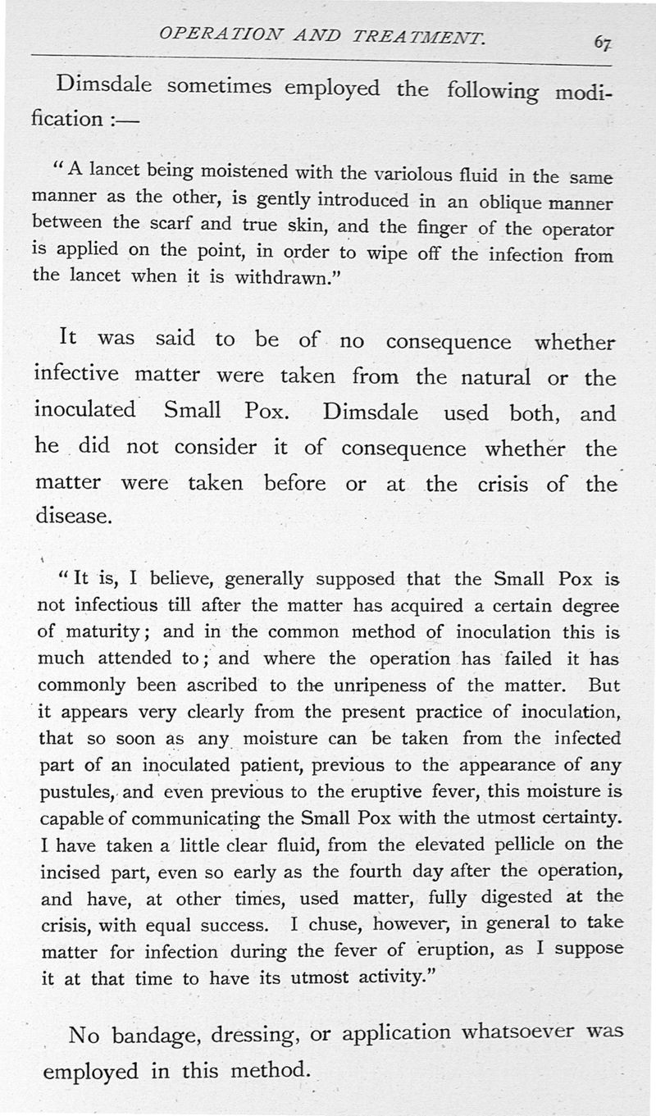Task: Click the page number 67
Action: (x=605, y=42)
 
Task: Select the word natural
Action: (x=487, y=378)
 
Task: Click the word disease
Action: (x=73, y=517)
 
